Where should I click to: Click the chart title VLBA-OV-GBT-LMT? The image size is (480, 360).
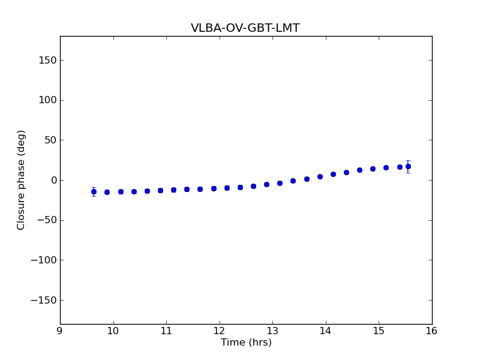pyautogui.click(x=245, y=28)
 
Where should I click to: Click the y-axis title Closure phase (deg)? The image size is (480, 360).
pyautogui.click(x=22, y=180)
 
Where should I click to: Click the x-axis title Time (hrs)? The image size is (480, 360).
pyautogui.click(x=246, y=343)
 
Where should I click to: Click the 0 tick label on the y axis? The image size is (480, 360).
pyautogui.click(x=53, y=180)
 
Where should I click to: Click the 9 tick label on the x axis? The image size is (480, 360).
pyautogui.click(x=60, y=331)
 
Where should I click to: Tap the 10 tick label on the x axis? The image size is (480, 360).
pyautogui.click(x=113, y=331)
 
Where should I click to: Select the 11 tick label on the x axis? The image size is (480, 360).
pyautogui.click(x=166, y=331)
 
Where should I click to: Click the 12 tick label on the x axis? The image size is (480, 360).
pyautogui.click(x=219, y=331)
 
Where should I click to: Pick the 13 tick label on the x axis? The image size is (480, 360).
pyautogui.click(x=272, y=331)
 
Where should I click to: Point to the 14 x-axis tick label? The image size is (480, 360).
pyautogui.click(x=325, y=331)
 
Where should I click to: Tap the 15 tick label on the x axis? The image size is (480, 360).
pyautogui.click(x=379, y=331)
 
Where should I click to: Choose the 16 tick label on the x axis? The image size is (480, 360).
pyautogui.click(x=431, y=331)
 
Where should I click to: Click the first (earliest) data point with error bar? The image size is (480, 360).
pyautogui.click(x=94, y=191)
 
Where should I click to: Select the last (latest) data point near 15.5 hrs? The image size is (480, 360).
pyautogui.click(x=408, y=166)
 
